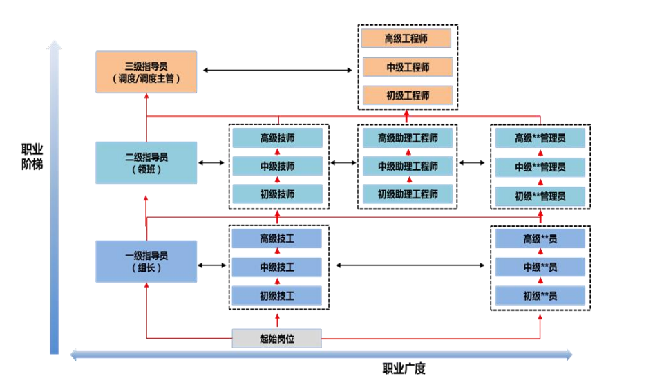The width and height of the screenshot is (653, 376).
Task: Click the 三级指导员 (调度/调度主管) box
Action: click(x=146, y=72)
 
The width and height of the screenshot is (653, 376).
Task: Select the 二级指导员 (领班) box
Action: click(x=146, y=162)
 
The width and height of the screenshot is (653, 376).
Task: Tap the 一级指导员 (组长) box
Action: click(x=146, y=261)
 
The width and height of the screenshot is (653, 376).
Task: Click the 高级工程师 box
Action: click(x=407, y=38)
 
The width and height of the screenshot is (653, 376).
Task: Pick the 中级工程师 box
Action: click(x=407, y=67)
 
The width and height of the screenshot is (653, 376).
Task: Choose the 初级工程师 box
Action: click(x=407, y=95)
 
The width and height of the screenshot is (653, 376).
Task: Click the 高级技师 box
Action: click(x=277, y=138)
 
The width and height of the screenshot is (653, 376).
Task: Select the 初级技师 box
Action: click(x=277, y=194)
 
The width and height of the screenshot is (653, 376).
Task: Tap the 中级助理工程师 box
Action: click(x=407, y=166)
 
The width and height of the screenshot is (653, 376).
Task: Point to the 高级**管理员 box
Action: click(x=540, y=138)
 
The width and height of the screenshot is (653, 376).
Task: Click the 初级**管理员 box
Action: click(x=540, y=196)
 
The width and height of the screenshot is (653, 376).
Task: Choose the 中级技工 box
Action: click(x=277, y=267)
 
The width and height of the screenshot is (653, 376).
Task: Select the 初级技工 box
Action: click(x=277, y=296)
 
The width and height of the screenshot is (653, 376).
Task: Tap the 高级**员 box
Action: click(x=540, y=238)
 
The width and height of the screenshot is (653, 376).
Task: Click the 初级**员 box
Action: click(x=540, y=296)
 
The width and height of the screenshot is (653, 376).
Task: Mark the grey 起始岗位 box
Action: click(x=277, y=338)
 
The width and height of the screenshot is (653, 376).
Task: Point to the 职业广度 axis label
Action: click(x=404, y=368)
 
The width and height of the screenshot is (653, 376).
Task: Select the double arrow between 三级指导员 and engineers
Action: click(x=277, y=70)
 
